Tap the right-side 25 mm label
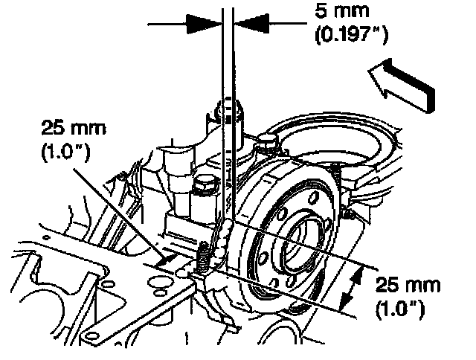tap(407, 285)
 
